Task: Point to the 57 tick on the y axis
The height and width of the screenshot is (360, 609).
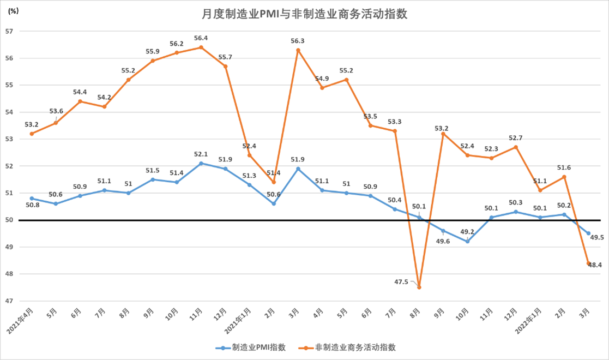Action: click(x=9, y=31)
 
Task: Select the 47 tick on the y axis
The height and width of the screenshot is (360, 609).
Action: click(x=9, y=301)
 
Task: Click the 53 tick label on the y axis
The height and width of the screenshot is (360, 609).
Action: click(x=9, y=139)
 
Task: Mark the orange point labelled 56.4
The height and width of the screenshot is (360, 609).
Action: click(x=201, y=47)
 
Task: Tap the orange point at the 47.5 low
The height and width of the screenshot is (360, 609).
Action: click(x=419, y=287)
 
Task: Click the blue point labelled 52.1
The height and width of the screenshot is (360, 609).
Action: click(x=201, y=163)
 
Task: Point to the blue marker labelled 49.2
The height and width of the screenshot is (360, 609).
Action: click(x=468, y=241)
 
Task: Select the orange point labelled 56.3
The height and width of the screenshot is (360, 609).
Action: click(x=298, y=50)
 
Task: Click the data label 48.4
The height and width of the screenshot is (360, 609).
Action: click(x=594, y=265)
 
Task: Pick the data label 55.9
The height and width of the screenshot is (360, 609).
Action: click(x=152, y=51)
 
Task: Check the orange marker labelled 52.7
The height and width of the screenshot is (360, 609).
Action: click(x=516, y=147)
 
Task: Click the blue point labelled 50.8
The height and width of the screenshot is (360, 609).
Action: click(x=32, y=198)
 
